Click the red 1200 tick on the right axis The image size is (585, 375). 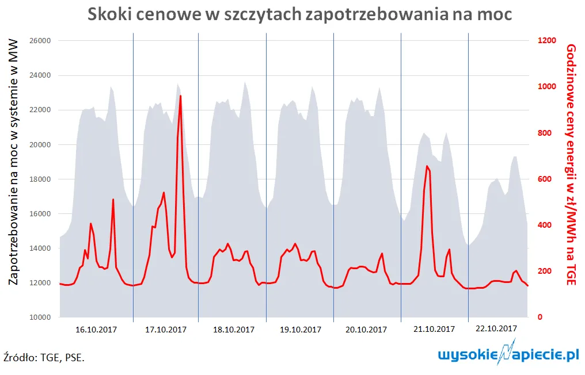547,41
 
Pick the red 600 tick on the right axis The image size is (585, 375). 545,179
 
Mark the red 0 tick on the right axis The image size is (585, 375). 540,317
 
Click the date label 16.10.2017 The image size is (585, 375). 97,330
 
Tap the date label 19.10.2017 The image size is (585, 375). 301,330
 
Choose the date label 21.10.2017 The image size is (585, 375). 435,329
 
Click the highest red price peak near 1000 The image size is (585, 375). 180,96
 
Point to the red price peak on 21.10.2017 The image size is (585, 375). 427,166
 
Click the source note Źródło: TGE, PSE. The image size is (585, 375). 44,357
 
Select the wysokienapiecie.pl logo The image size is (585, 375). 508,354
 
